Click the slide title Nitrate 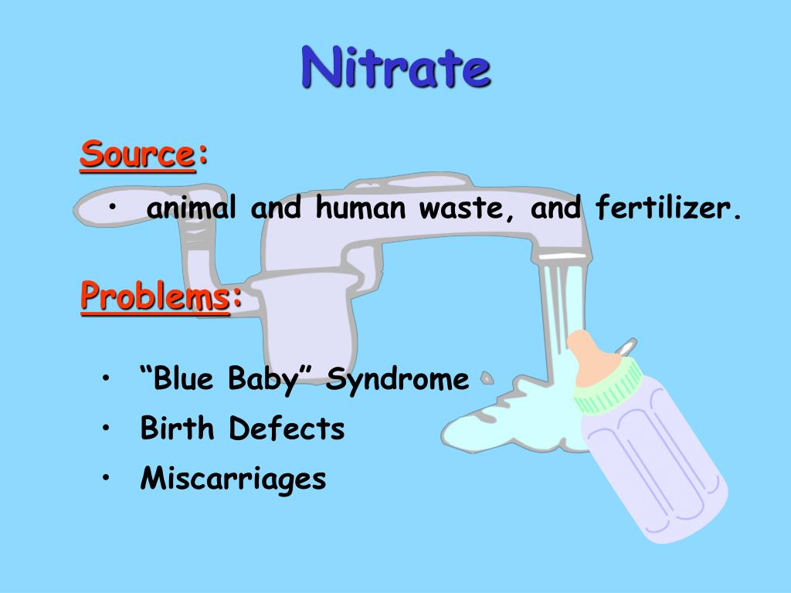coord(395,67)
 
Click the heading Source coord(137,154)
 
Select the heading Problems coord(155,296)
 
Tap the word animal coord(192,208)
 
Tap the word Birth coord(178,428)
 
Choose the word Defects coord(287,428)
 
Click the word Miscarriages coord(233,479)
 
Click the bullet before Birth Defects coord(105,428)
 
